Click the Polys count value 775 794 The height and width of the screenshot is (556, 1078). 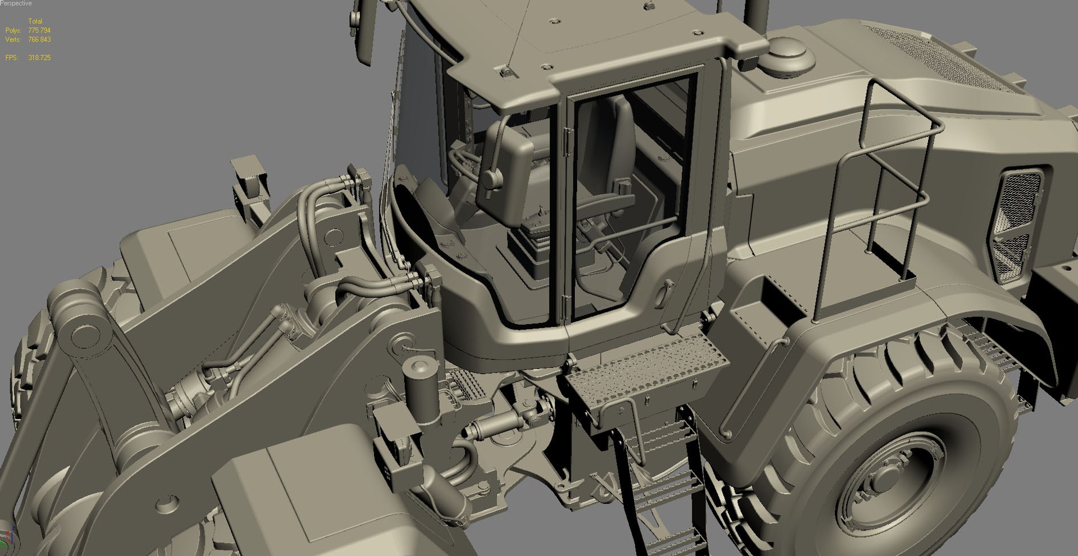tap(39, 30)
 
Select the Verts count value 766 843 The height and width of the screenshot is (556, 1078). tap(39, 39)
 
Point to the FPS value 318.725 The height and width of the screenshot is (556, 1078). tap(39, 58)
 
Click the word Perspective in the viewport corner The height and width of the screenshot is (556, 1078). tap(16, 3)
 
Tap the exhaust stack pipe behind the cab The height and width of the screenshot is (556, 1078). tap(755, 17)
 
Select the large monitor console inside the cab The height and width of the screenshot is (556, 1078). tap(505, 174)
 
